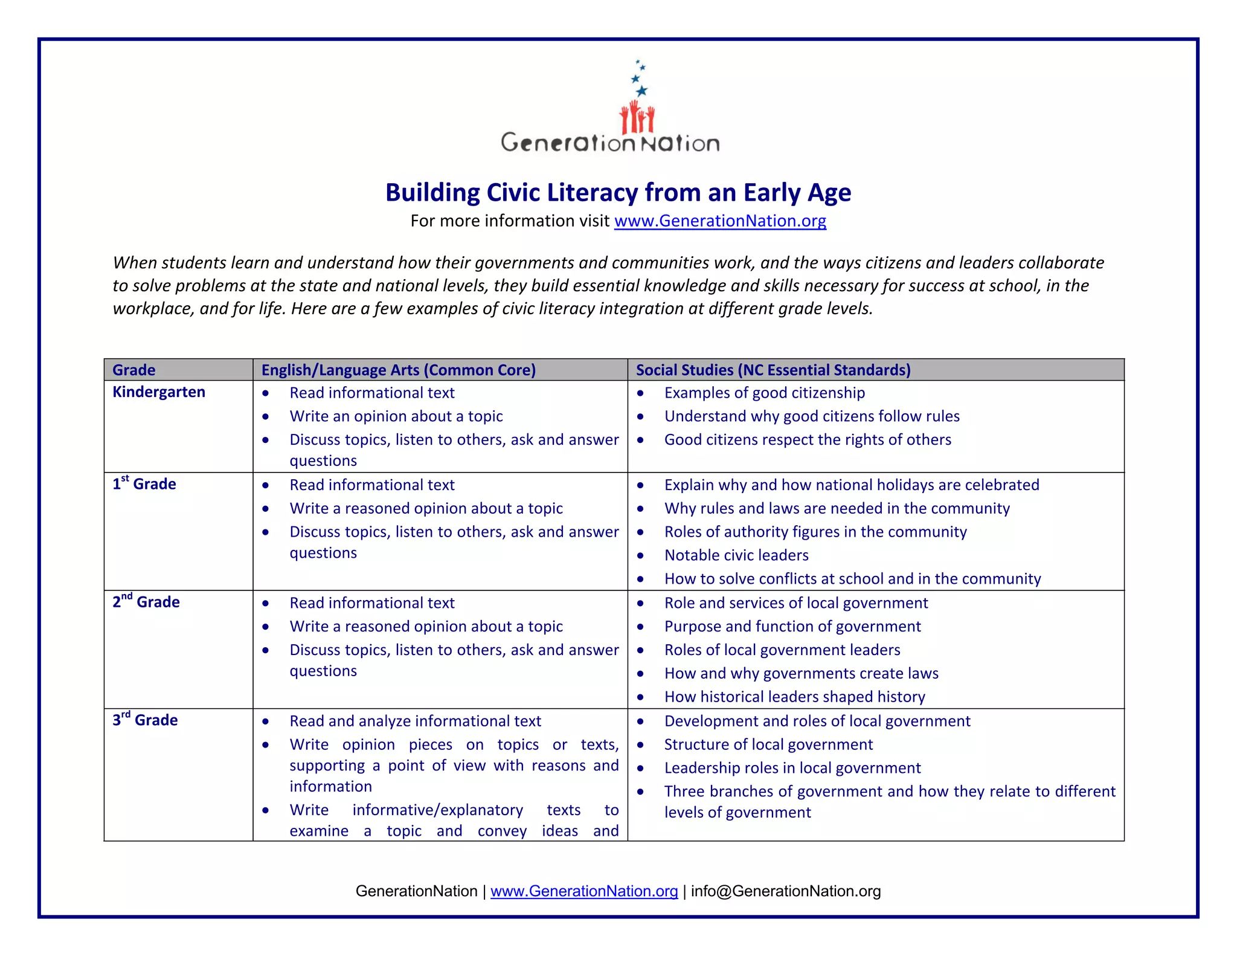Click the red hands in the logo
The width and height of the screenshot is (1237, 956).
coord(637,118)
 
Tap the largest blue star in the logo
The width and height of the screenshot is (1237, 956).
coord(641,91)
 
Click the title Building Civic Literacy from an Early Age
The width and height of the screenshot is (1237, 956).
coord(618,193)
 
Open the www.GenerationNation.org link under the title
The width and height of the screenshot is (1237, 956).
coord(720,221)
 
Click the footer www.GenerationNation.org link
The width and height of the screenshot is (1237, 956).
coord(583,891)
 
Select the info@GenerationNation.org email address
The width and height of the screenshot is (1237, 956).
coord(785,891)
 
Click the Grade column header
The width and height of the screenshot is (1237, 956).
coord(134,370)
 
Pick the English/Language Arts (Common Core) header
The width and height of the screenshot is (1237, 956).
coord(398,370)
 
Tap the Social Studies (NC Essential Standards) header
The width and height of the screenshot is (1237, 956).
coord(773,370)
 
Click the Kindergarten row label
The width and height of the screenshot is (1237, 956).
coord(159,392)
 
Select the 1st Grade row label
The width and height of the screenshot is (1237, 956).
coord(144,484)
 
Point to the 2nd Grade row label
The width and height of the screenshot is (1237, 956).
coord(146,602)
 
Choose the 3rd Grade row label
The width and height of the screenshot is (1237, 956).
coord(145,720)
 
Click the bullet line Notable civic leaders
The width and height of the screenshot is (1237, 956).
coord(736,555)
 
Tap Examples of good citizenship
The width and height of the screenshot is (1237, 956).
coord(764,393)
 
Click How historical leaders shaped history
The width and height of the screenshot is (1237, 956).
coord(794,697)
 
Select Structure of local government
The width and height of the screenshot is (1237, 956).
coord(768,744)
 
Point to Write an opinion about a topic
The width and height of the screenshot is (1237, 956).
coord(396,416)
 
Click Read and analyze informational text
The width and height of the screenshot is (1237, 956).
coord(415,721)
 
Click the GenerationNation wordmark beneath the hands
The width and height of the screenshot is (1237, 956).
coord(610,143)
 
